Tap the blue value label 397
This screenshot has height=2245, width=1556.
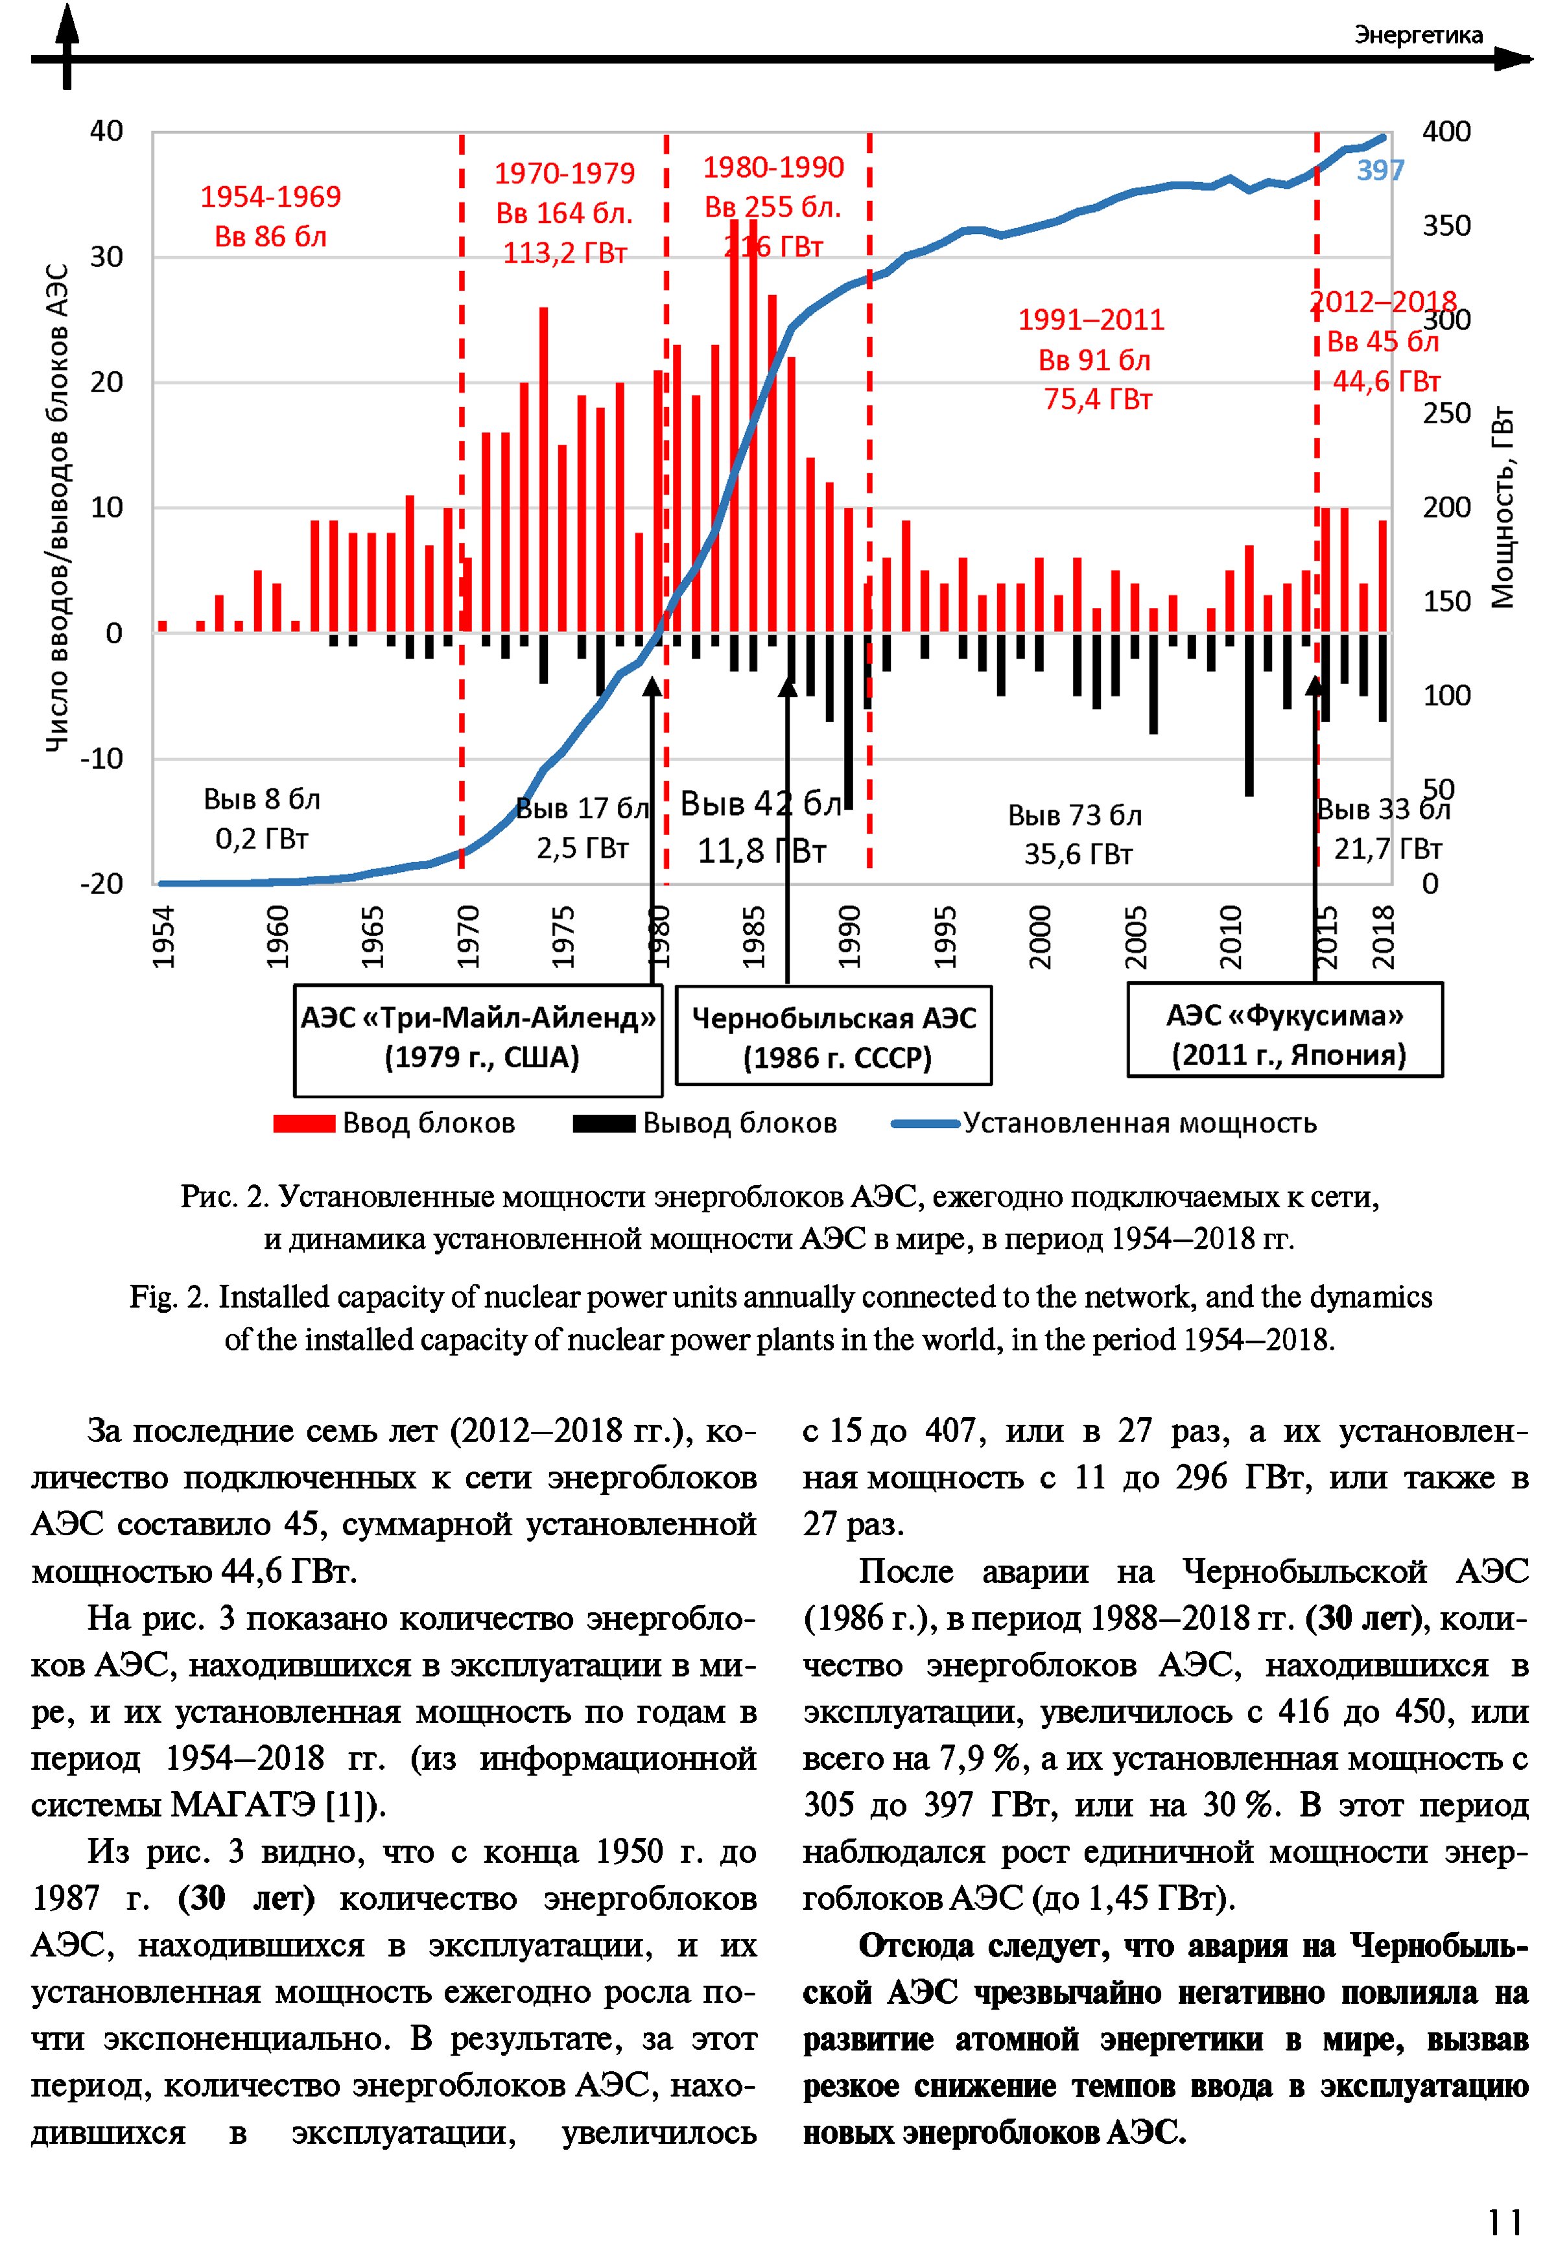[x=1380, y=170]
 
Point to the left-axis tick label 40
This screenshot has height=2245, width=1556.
[x=106, y=130]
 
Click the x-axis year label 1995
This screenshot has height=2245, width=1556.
[x=945, y=936]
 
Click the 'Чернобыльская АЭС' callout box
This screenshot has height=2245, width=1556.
[x=834, y=1036]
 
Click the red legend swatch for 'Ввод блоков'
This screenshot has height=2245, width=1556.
[x=304, y=1123]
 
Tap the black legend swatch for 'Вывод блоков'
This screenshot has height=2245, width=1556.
[x=604, y=1123]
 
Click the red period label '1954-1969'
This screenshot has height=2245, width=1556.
[x=270, y=197]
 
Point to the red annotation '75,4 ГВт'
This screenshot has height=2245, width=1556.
[x=1098, y=400]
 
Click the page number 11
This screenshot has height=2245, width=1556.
[x=1504, y=2194]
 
